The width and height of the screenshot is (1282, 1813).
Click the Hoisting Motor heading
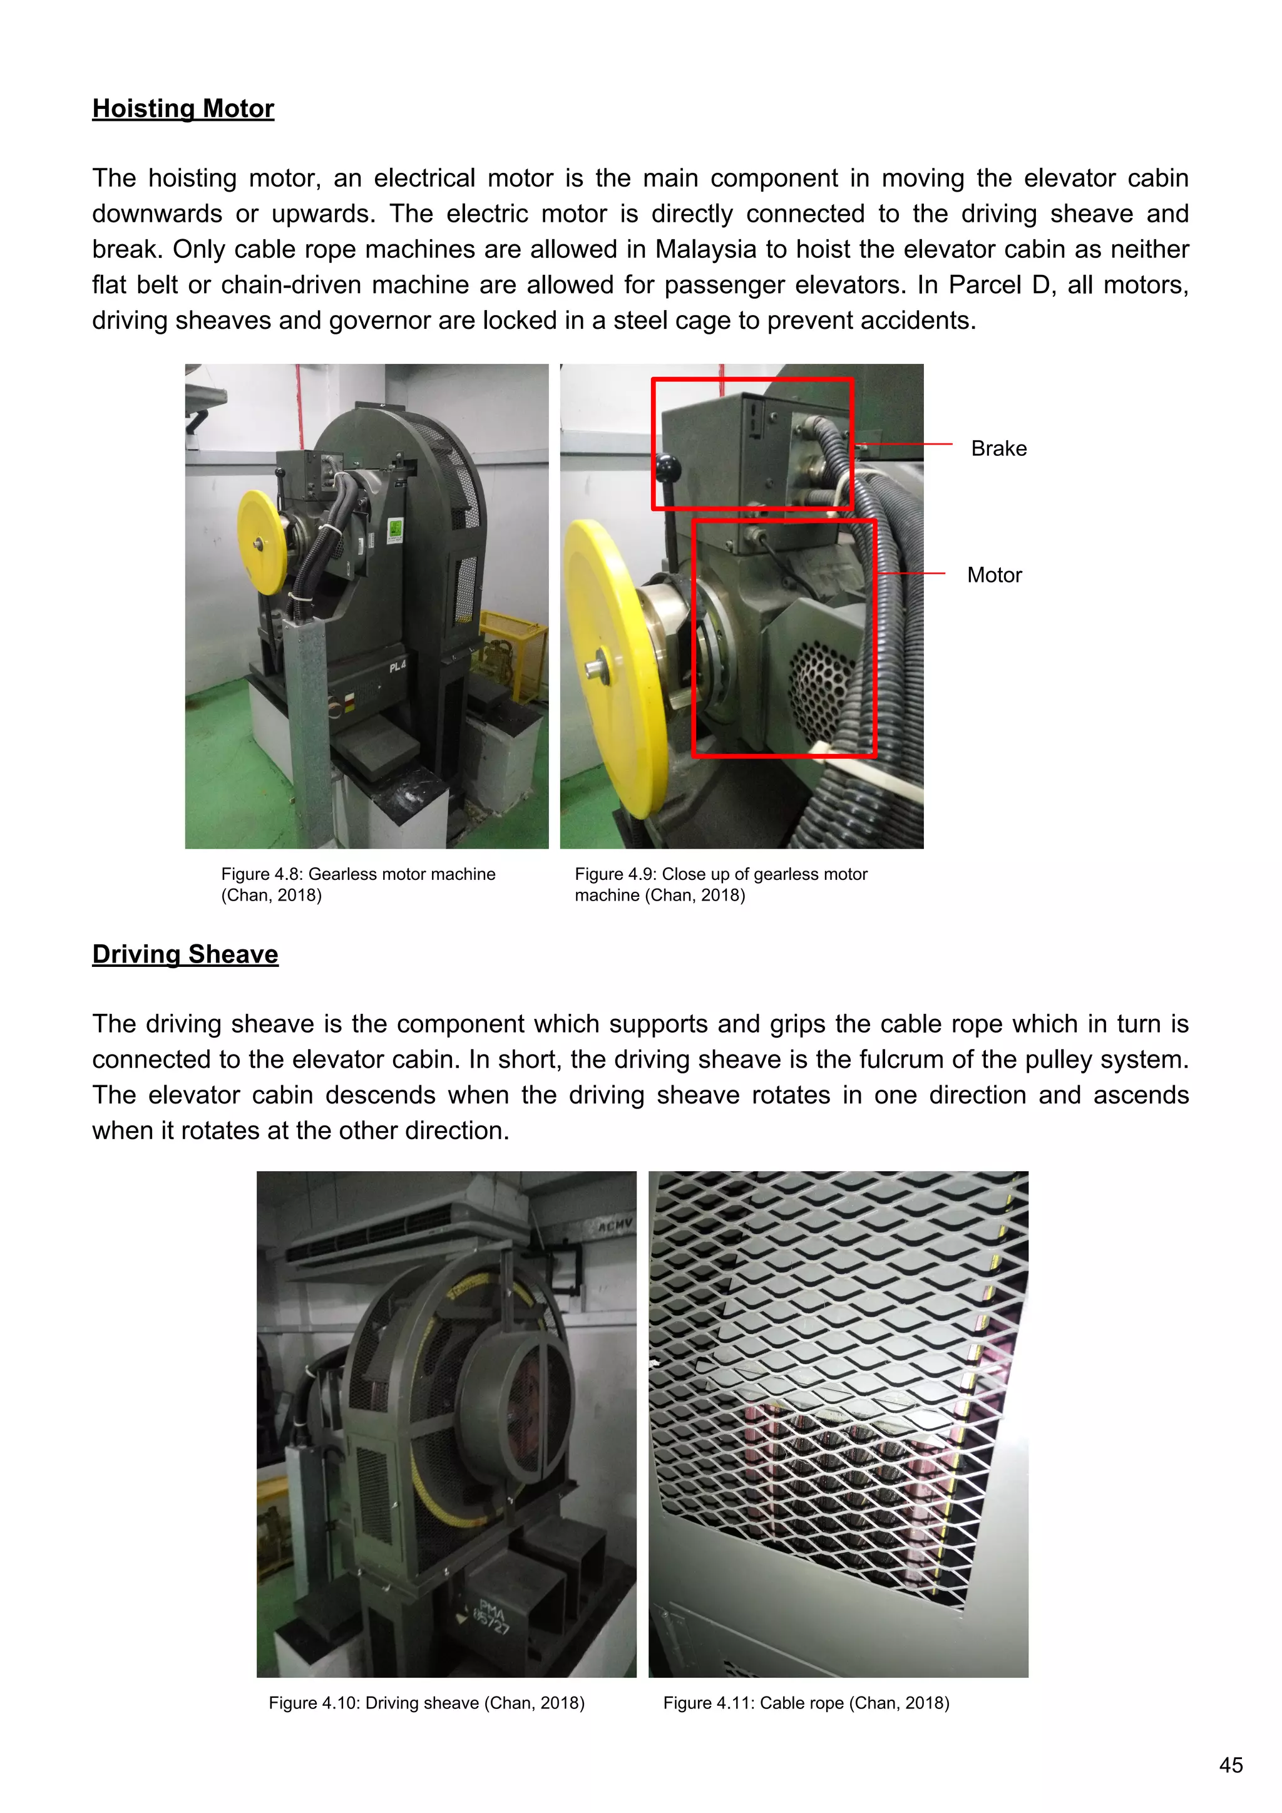pyautogui.click(x=183, y=108)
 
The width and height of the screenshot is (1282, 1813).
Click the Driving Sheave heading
pyautogui.click(x=185, y=954)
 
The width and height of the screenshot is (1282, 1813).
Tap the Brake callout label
pyautogui.click(x=998, y=448)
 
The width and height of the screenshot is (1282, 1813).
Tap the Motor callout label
pyautogui.click(x=994, y=575)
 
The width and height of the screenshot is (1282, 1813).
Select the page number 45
pyautogui.click(x=1231, y=1765)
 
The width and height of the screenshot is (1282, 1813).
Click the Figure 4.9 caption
pyautogui.click(x=720, y=884)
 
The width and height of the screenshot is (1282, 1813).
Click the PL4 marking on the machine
pyautogui.click(x=397, y=667)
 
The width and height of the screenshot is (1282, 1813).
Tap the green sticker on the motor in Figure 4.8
pyautogui.click(x=396, y=529)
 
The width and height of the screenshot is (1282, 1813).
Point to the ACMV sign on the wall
pyautogui.click(x=614, y=1226)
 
